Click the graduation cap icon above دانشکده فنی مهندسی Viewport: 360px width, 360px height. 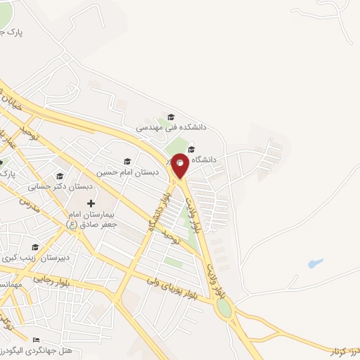[171, 117]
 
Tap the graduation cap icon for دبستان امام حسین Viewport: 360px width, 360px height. [127, 161]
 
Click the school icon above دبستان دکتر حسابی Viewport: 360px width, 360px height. [60, 176]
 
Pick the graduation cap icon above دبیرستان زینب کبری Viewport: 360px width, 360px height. [34, 247]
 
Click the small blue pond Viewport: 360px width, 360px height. [316, 264]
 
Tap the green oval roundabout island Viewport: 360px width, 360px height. [224, 308]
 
